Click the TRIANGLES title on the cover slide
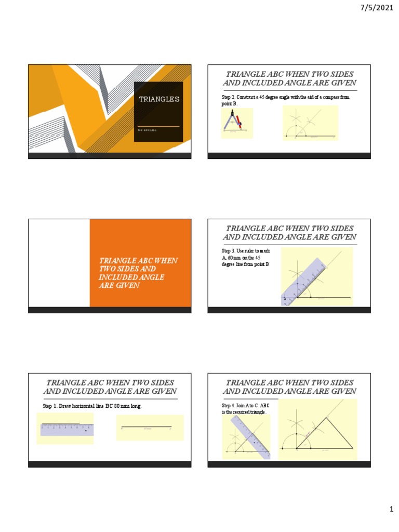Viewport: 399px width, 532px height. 158,99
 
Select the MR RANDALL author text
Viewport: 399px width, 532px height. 147,130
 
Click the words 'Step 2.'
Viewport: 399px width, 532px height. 228,97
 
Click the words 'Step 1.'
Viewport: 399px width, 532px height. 51,406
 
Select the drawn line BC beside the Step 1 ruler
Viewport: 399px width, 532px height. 147,427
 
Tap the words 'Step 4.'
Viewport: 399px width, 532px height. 228,405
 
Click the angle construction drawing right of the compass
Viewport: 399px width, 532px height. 310,123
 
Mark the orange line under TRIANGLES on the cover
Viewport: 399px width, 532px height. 158,126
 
